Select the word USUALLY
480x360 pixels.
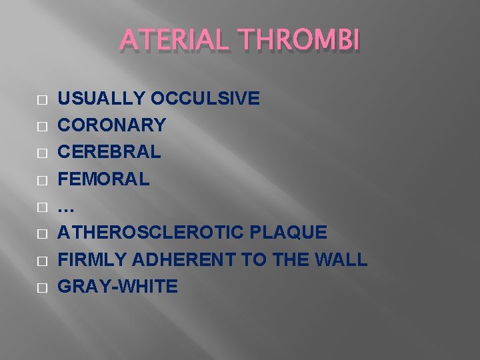coord(102,99)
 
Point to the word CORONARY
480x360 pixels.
coord(112,125)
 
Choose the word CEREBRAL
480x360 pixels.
coord(109,152)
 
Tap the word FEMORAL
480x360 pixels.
coord(104,179)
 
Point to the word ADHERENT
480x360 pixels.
coord(176,259)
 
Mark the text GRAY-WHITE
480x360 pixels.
coord(118,287)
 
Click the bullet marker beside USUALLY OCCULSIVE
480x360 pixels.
coord(42,99)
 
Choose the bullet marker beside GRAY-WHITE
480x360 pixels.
coord(42,287)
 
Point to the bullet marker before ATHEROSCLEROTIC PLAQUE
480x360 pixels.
coord(42,233)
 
